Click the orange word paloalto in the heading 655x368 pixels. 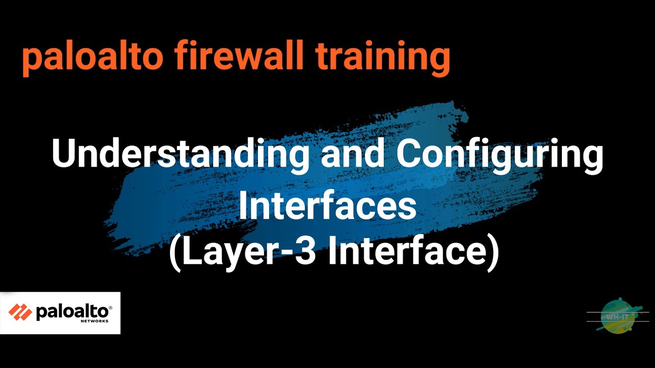click(92, 57)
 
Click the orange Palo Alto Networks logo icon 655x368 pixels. click(20, 312)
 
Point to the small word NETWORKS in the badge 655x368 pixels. click(94, 321)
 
